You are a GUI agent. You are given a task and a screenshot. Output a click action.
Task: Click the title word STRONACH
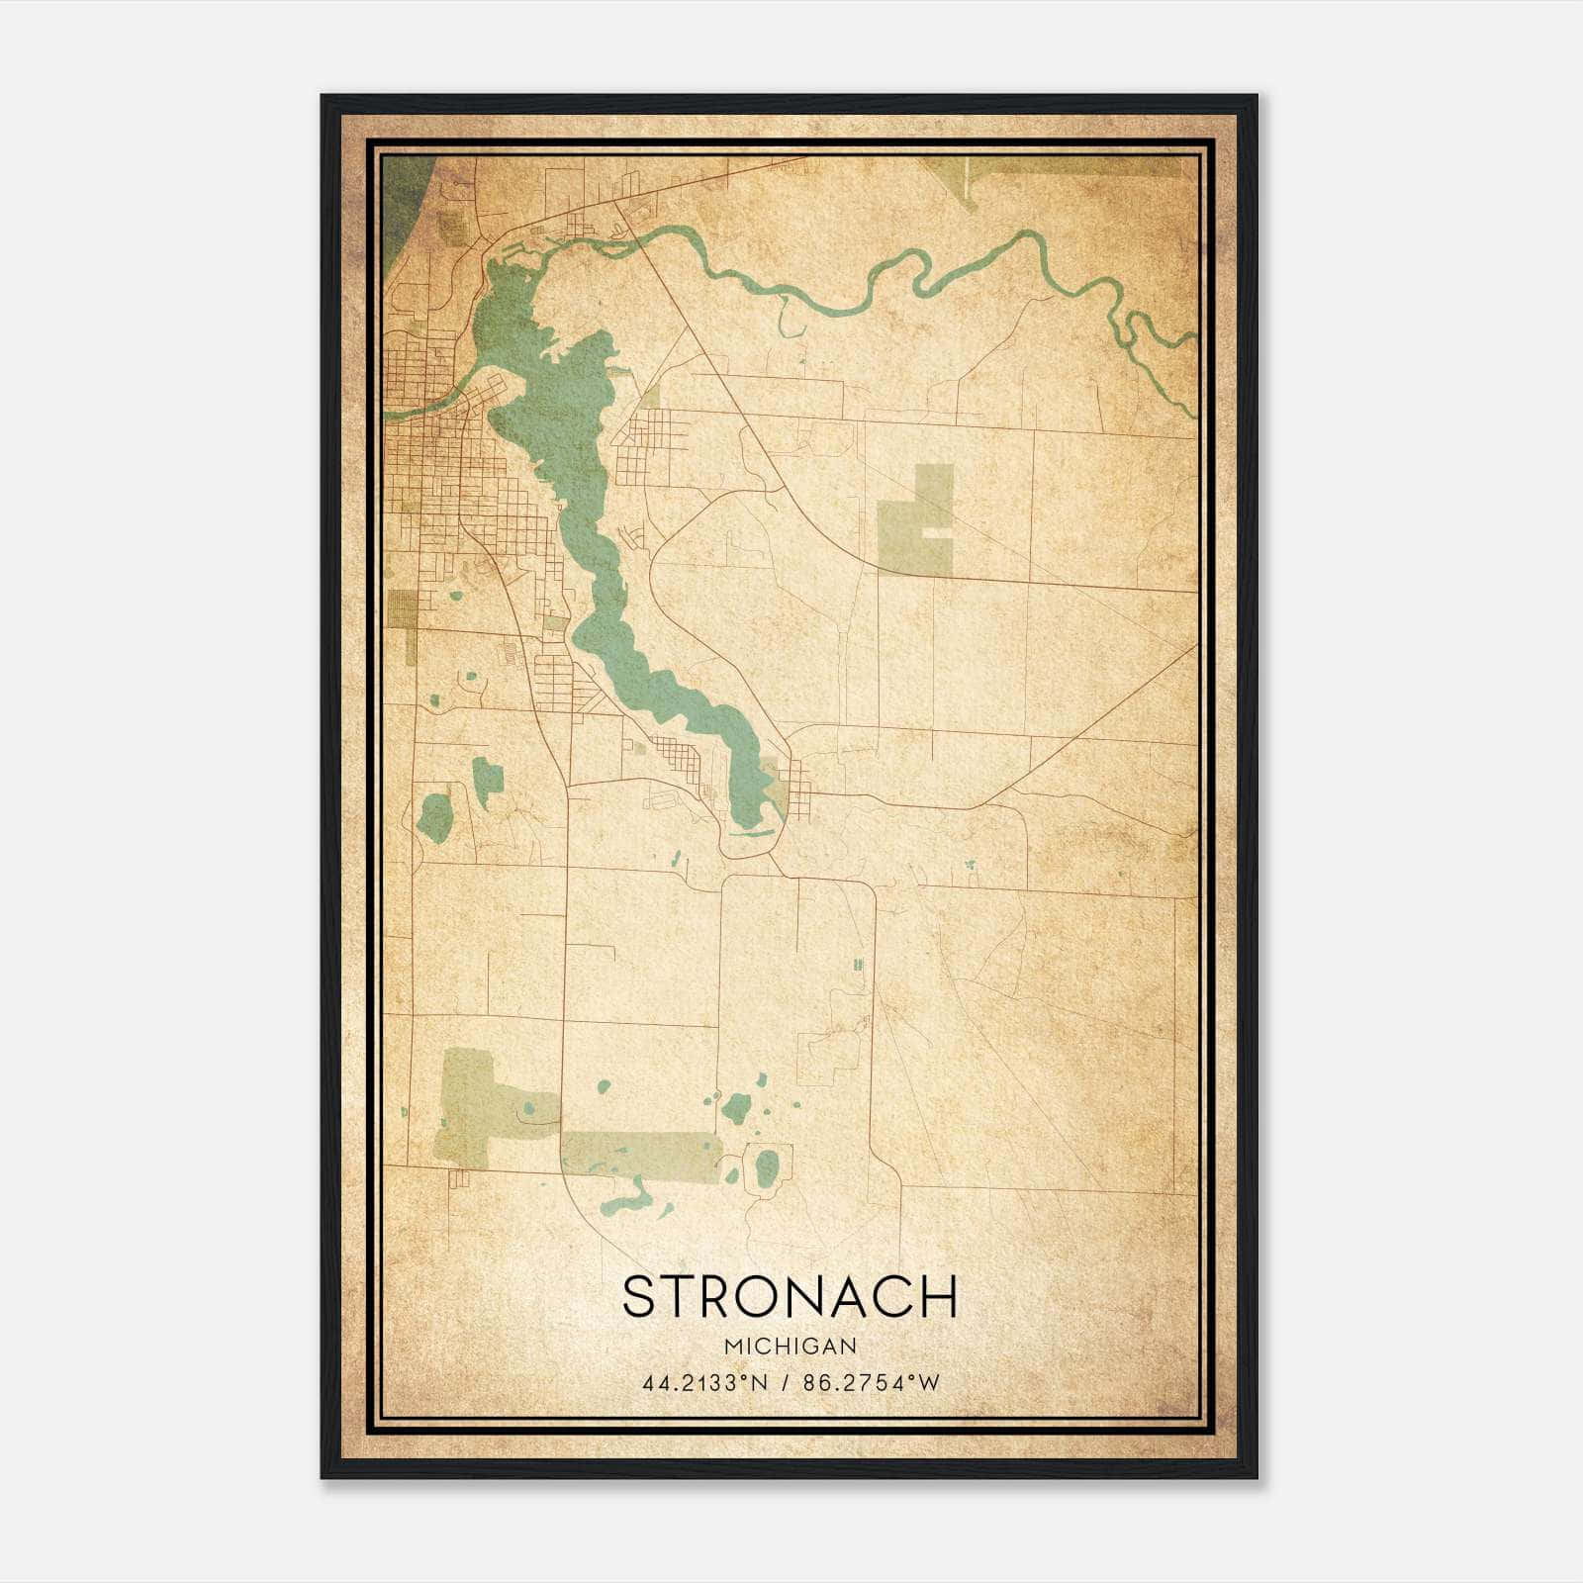791,1297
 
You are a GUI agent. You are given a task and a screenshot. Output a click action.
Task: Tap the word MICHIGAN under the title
791,1347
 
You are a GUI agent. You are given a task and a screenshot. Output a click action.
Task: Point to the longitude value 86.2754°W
872,1383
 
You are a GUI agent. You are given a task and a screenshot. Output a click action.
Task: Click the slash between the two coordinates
786,1383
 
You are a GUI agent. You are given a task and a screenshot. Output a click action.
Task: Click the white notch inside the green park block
938,533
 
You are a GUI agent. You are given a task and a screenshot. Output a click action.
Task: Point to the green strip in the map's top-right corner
1069,166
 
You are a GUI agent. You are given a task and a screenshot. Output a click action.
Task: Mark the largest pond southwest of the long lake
435,817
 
